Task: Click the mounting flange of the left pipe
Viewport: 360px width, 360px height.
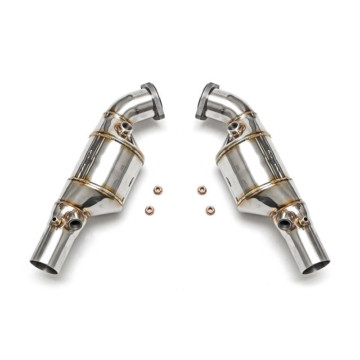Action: click(x=154, y=101)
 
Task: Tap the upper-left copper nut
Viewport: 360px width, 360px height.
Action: click(x=157, y=190)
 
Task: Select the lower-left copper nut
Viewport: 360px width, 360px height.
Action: click(x=149, y=210)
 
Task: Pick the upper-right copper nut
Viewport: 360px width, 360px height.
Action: click(x=202, y=190)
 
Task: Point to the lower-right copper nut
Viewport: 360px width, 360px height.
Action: click(x=210, y=210)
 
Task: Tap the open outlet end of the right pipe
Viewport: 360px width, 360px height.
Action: click(x=316, y=266)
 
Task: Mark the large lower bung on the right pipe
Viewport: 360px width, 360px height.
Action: click(x=284, y=221)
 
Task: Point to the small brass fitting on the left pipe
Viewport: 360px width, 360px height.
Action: click(x=57, y=221)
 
